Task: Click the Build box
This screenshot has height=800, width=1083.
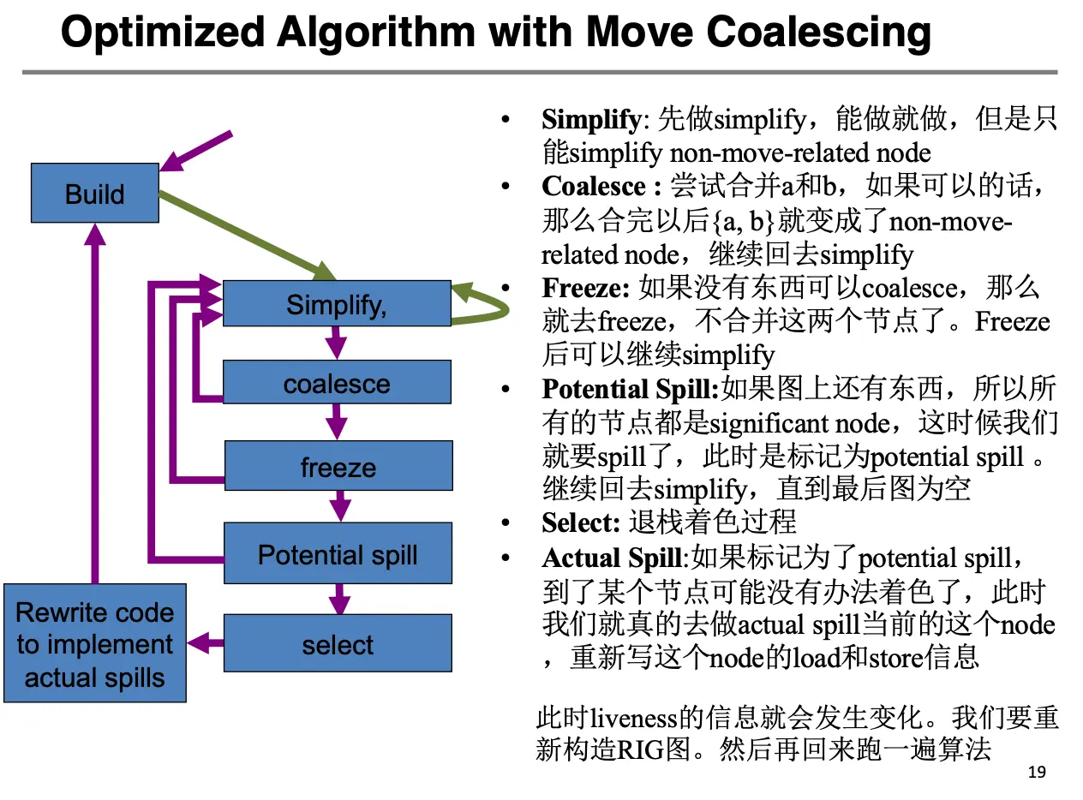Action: click(x=94, y=194)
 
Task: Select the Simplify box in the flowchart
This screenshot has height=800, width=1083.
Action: click(x=336, y=304)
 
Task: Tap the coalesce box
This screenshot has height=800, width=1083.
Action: click(x=336, y=383)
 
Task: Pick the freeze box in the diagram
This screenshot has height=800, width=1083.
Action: click(x=338, y=467)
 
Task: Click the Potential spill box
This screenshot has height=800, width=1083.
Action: click(x=338, y=554)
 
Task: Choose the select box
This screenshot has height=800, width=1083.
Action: click(x=338, y=644)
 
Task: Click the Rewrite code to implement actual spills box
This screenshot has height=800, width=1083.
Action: click(x=94, y=644)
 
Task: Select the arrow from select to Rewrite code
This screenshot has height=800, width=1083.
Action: click(x=206, y=642)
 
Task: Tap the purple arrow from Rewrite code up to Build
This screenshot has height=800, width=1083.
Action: click(x=94, y=403)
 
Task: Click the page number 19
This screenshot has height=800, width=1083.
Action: click(x=1036, y=773)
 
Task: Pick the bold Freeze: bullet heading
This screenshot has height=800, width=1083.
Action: click(x=586, y=287)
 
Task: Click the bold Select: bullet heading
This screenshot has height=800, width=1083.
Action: click(x=580, y=522)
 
